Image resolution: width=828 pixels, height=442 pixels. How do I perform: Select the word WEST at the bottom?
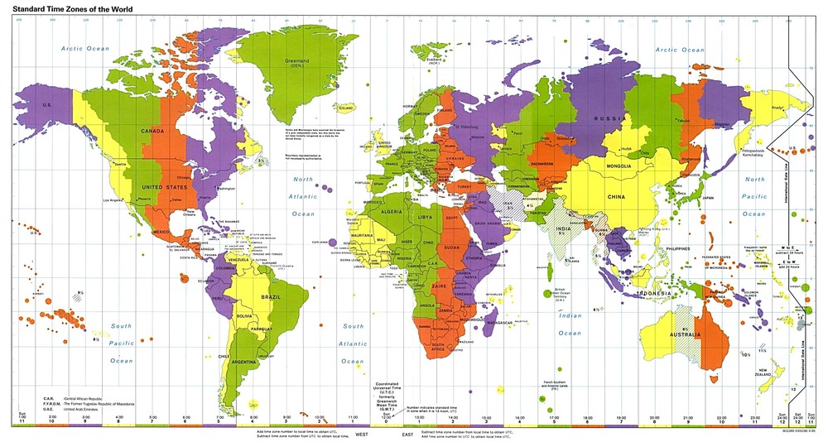[362, 434]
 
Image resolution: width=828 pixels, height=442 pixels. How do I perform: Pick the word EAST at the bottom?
[407, 434]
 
